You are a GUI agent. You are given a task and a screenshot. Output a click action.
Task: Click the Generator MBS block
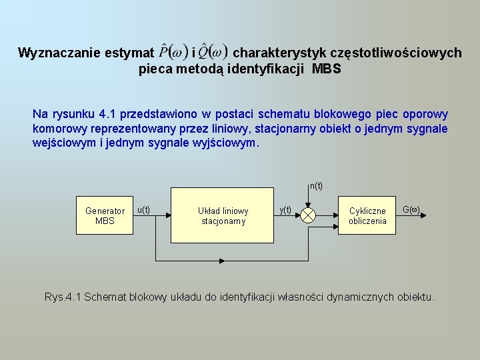[105, 215]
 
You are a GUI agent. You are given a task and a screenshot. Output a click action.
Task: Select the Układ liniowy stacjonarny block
[223, 215]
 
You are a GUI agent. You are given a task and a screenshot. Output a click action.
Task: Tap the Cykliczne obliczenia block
[367, 215]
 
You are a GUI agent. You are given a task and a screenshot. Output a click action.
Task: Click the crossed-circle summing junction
[309, 215]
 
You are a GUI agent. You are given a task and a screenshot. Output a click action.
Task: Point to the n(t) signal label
[316, 186]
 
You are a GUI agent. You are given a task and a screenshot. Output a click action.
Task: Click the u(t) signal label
[143, 209]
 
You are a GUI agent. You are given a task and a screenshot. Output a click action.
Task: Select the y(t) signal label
[285, 209]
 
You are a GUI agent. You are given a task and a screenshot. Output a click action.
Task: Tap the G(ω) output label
[411, 209]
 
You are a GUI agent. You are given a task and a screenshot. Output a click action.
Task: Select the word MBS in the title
[327, 68]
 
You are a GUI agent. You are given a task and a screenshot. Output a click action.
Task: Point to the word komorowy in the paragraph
[58, 129]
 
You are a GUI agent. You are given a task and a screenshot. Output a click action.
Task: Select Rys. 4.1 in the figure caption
[63, 297]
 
